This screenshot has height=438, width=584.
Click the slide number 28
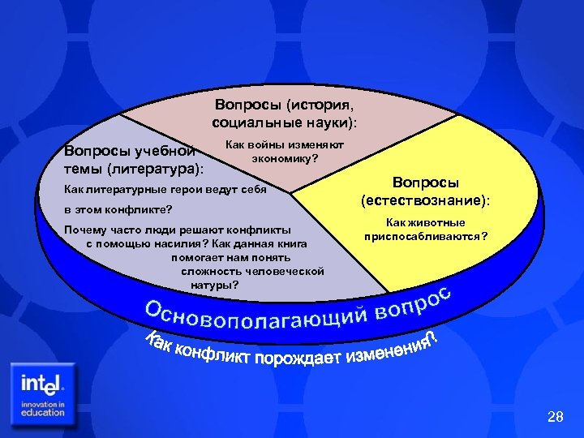[556, 417]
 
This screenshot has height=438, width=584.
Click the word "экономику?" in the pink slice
[285, 158]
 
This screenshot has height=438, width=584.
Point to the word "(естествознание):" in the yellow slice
[427, 200]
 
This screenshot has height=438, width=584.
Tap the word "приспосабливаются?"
[427, 236]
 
